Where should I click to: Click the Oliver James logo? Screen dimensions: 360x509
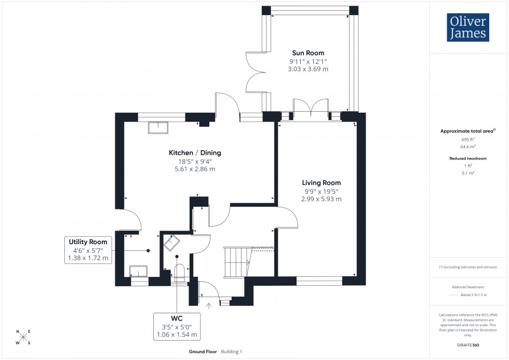coord(467,28)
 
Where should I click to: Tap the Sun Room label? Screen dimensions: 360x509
coord(308,53)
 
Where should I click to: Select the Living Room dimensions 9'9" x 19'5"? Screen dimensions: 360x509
coord(322,191)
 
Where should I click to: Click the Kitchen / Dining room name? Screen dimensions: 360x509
coord(195,153)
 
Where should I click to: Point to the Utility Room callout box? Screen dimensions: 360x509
coord(88,250)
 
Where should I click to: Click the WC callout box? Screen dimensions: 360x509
coord(177,326)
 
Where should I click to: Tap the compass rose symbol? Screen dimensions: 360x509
coord(23,337)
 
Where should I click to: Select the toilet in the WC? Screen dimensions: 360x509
coord(180,273)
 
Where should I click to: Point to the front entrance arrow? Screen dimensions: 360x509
coord(209,306)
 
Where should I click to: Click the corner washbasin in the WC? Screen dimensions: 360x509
coord(171,243)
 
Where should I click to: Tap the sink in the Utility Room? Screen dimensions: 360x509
coord(138,271)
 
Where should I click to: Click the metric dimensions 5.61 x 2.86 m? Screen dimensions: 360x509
coord(194,169)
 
